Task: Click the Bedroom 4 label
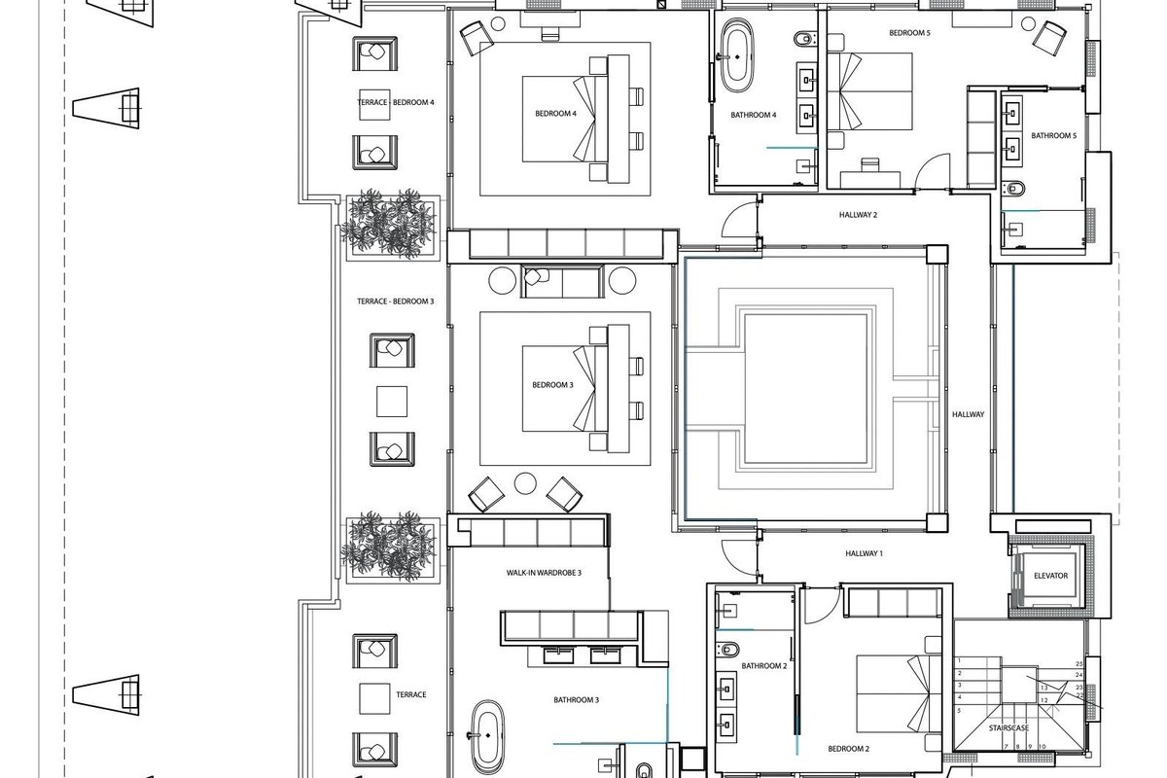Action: pyautogui.click(x=555, y=114)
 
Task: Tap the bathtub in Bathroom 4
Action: pyautogui.click(x=736, y=55)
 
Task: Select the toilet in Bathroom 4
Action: pyautogui.click(x=804, y=39)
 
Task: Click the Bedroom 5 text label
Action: pyautogui.click(x=909, y=33)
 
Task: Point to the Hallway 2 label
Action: pyautogui.click(x=858, y=215)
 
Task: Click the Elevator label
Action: pyautogui.click(x=1051, y=576)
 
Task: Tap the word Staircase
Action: pyautogui.click(x=1008, y=728)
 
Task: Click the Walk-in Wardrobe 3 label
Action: pyautogui.click(x=544, y=573)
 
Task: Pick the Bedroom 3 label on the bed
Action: pyautogui.click(x=552, y=385)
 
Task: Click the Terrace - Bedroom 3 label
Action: pyautogui.click(x=396, y=301)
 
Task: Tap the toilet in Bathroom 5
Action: pyautogui.click(x=1013, y=188)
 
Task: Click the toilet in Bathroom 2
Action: pyautogui.click(x=727, y=650)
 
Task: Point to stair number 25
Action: pyautogui.click(x=1079, y=664)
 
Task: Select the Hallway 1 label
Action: pyautogui.click(x=864, y=553)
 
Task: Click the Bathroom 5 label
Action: pyautogui.click(x=1053, y=136)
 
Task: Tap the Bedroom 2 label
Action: pyautogui.click(x=849, y=749)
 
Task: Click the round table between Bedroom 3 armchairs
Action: pyautogui.click(x=525, y=483)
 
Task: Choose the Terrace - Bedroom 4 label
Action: pyautogui.click(x=396, y=103)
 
